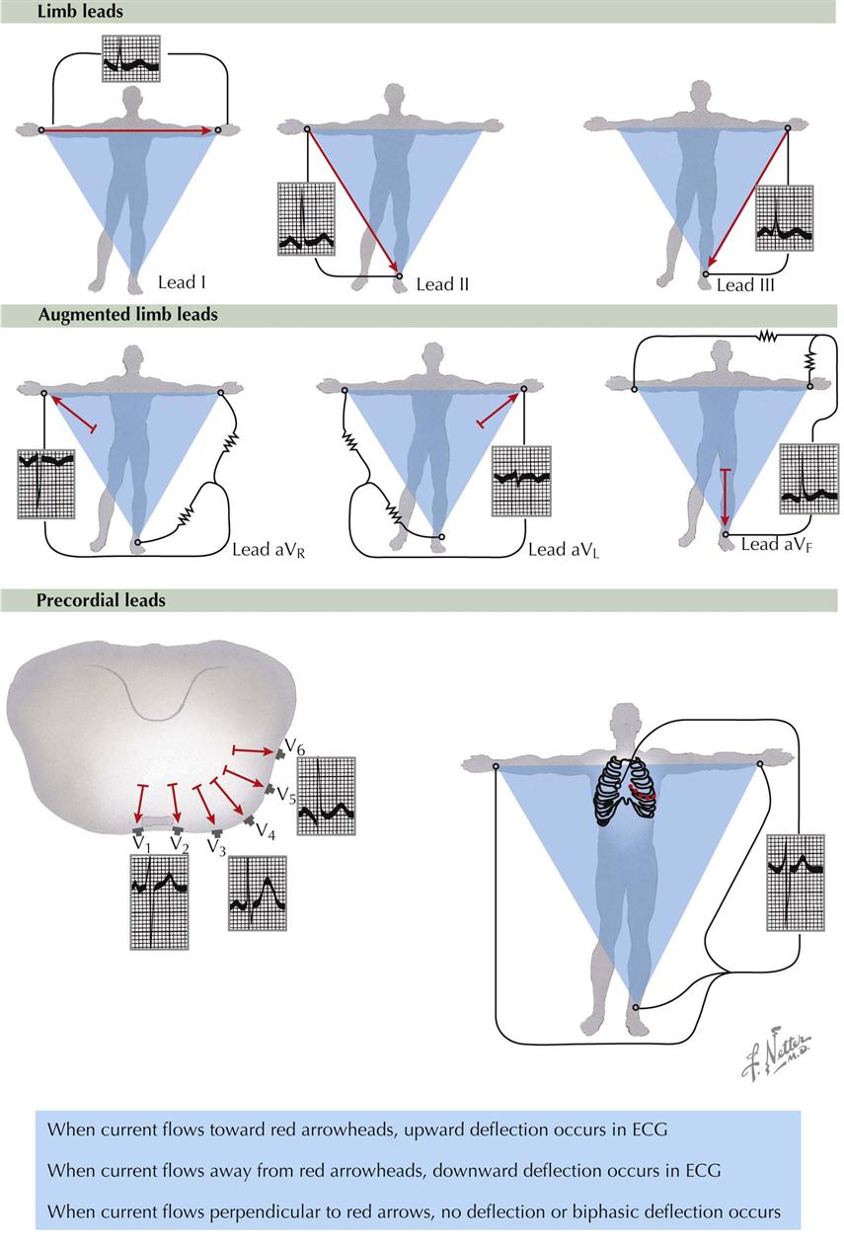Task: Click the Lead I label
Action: [182, 283]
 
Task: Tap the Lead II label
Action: [442, 285]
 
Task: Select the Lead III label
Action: [745, 285]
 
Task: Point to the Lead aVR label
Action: [269, 550]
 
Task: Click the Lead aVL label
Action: [564, 550]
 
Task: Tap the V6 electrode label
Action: [294, 744]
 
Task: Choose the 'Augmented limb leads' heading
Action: [127, 315]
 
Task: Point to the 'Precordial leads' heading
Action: [101, 600]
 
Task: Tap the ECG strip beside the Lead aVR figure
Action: [46, 484]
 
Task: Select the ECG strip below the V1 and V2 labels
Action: [159, 901]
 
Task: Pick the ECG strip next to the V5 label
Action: [326, 797]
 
